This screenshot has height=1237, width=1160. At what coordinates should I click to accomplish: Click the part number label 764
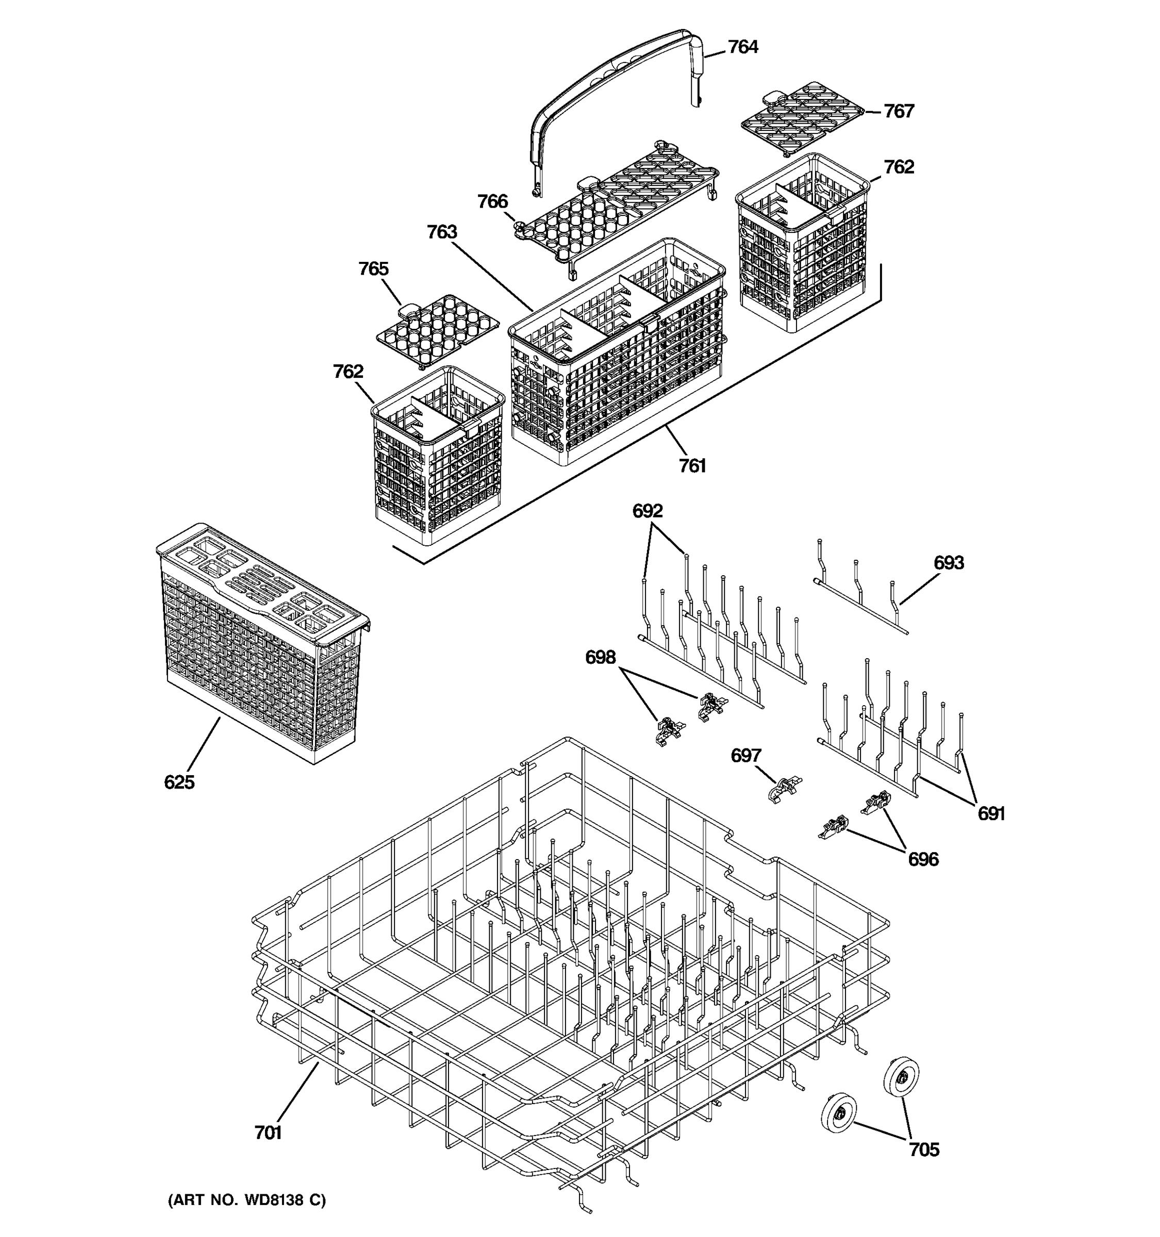click(x=742, y=47)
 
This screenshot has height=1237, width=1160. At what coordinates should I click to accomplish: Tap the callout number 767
click(x=899, y=111)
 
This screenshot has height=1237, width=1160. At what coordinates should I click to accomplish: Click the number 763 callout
click(x=442, y=232)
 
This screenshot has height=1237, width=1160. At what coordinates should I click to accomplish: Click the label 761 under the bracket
click(x=692, y=465)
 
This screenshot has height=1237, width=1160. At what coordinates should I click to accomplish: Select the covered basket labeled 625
click(x=261, y=641)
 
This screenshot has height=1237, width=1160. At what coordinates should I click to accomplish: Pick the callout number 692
click(x=647, y=511)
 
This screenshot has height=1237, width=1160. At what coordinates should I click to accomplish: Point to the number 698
click(x=600, y=657)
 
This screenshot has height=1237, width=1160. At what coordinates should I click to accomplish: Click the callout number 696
click(x=923, y=859)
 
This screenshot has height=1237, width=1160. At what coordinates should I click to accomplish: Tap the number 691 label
click(x=991, y=813)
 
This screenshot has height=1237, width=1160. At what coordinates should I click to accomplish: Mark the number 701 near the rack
click(x=268, y=1133)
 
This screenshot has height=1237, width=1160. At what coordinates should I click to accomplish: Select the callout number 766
click(x=492, y=202)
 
